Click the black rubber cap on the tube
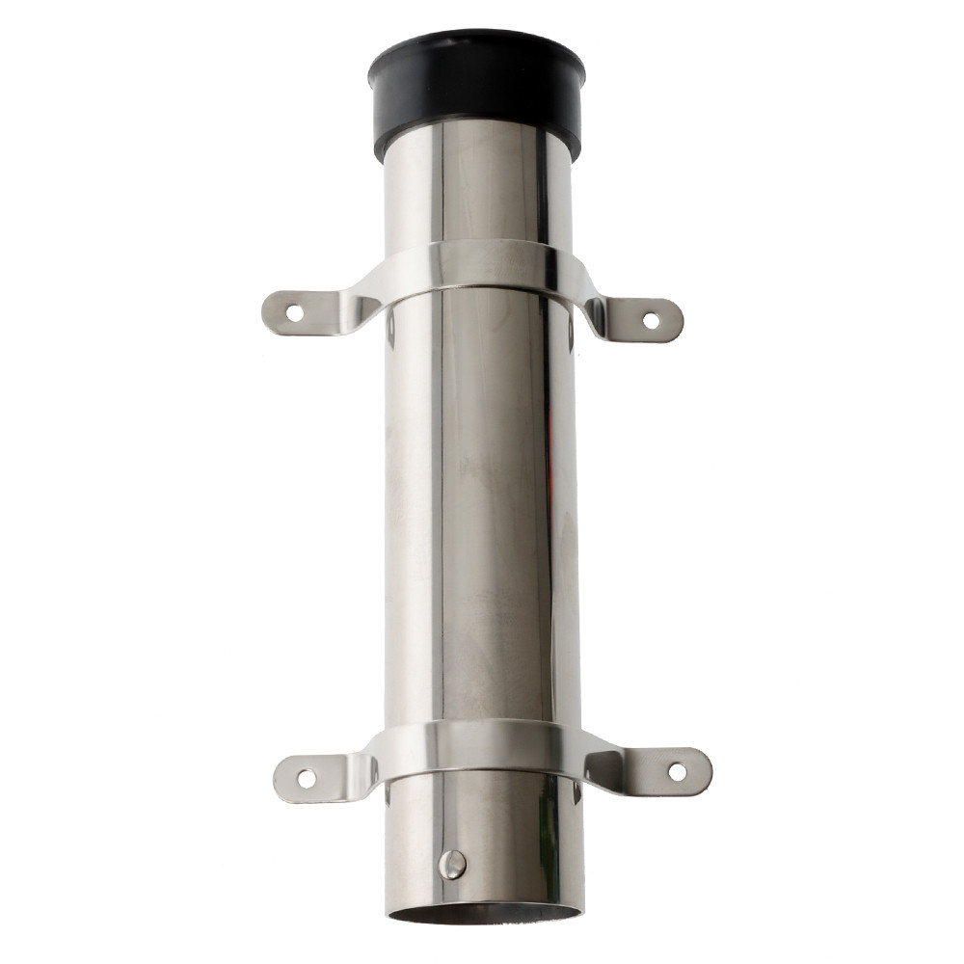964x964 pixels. [476, 96]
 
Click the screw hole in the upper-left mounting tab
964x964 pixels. [294, 311]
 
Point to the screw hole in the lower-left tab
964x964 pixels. [306, 776]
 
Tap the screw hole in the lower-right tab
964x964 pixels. [677, 771]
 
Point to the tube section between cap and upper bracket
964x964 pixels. [477, 193]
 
